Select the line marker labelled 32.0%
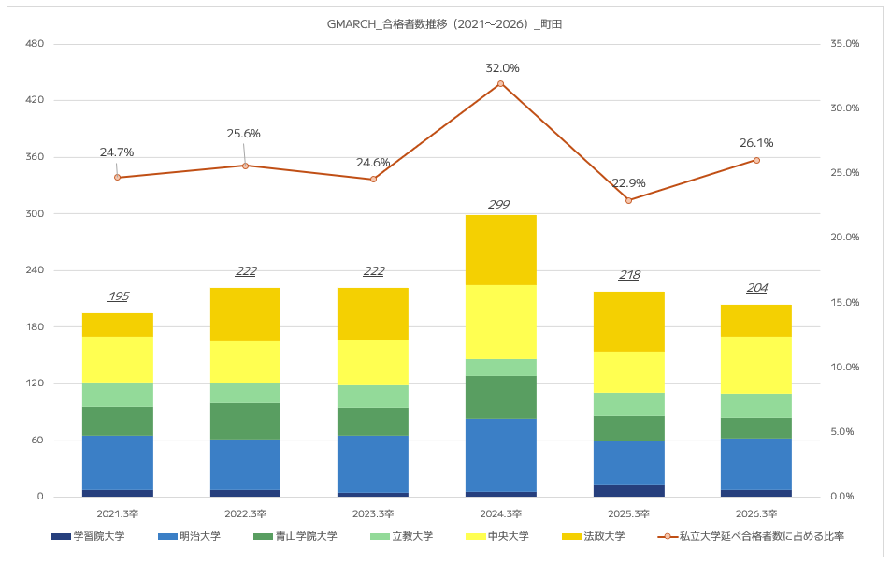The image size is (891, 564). click(x=500, y=84)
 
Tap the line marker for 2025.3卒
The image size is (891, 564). click(x=628, y=201)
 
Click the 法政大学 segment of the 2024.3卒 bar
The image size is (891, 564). click(x=500, y=250)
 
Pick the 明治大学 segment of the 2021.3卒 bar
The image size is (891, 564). click(x=118, y=463)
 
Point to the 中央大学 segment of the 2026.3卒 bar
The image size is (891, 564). click(x=756, y=366)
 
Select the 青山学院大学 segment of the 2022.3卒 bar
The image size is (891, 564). click(x=246, y=421)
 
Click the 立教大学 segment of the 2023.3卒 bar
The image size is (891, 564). click(x=373, y=397)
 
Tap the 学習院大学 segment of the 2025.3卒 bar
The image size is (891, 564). click(x=628, y=491)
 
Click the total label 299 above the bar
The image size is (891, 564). click(x=499, y=205)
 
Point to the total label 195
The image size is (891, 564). click(x=118, y=296)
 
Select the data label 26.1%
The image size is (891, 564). click(x=756, y=143)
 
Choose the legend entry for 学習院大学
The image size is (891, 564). click(x=88, y=536)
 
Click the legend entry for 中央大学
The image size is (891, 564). click(x=496, y=536)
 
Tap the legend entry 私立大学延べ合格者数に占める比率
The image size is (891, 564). click(x=751, y=536)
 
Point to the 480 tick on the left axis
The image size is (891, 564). click(x=35, y=44)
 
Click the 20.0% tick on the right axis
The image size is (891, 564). click(x=845, y=237)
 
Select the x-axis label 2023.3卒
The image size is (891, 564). click(x=373, y=514)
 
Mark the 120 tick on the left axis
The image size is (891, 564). click(x=35, y=383)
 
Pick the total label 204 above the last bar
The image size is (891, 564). click(x=757, y=288)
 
